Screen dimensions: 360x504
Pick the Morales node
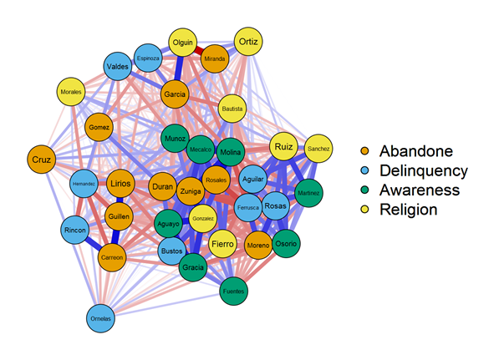[71, 91]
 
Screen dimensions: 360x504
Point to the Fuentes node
[233, 291]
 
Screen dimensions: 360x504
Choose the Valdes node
[118, 67]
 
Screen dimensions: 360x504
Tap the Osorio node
[287, 243]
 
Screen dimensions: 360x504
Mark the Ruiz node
[284, 147]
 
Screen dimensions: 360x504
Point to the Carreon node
[113, 257]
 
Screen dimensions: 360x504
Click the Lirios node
[121, 184]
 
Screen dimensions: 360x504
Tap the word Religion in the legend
[408, 209]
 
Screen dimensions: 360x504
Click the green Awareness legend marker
[363, 190]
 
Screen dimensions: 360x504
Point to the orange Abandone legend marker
[363, 151]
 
